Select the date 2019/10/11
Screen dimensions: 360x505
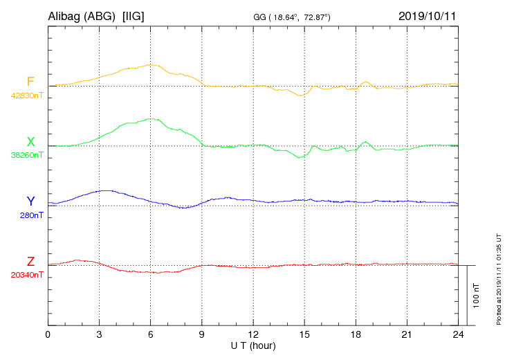pos(428,16)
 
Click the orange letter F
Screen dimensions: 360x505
pos(30,82)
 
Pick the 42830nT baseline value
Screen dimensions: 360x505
pos(27,96)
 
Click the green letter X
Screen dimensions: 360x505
pos(30,142)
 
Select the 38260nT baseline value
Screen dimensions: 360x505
pos(27,156)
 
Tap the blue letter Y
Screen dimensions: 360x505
pos(30,201)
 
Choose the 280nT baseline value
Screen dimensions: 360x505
pos(30,215)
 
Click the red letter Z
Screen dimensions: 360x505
pos(30,262)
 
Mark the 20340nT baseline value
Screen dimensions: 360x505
pos(27,275)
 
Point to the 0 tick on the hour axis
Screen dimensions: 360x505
pos(48,335)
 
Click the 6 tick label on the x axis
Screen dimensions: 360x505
pos(151,335)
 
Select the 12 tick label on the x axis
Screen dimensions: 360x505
pos(253,335)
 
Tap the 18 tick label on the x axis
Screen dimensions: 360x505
pos(356,335)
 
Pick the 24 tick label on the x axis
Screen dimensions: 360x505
pos(458,335)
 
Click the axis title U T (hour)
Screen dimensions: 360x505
pos(253,345)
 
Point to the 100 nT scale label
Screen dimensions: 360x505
pos(476,296)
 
